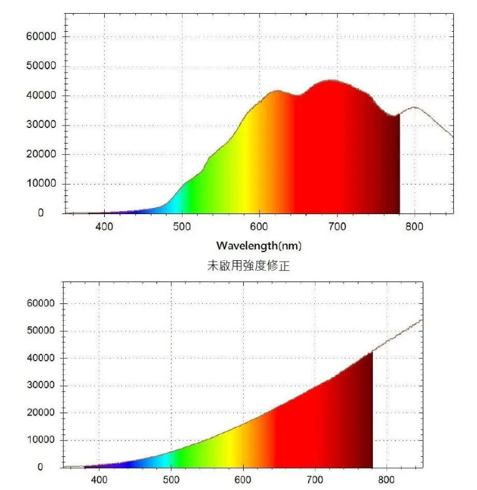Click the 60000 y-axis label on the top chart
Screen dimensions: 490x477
click(42, 37)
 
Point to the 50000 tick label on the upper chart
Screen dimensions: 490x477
click(42, 66)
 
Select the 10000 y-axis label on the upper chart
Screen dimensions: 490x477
click(42, 184)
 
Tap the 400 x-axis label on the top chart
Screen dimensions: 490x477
click(104, 226)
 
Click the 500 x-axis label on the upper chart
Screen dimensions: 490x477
click(182, 226)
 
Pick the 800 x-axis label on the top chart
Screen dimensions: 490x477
click(415, 226)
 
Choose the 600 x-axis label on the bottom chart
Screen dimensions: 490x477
click(243, 480)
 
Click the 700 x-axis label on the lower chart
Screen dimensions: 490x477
click(315, 480)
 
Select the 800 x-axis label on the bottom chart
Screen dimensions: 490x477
click(387, 480)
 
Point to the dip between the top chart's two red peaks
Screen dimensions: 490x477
click(298, 96)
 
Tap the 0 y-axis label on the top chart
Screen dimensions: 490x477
click(41, 213)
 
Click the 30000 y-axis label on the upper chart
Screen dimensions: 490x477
click(42, 125)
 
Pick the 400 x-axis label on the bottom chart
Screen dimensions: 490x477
click(99, 480)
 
